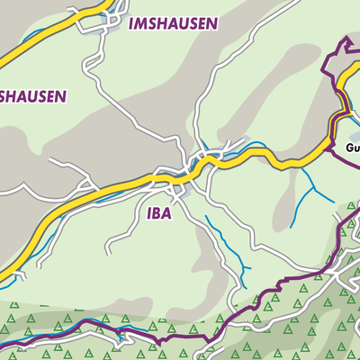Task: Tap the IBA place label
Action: click(160, 214)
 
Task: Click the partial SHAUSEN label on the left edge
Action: click(33, 95)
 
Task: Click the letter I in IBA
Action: click(148, 214)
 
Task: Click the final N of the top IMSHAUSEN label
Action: click(211, 24)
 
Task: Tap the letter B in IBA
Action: click(158, 214)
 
